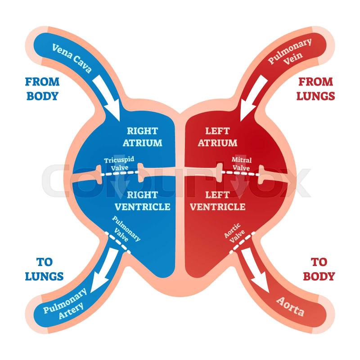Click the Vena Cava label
coord(72,58)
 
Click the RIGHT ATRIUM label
coord(142,137)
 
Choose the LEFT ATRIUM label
coord(217,137)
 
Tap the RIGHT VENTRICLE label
coord(142,201)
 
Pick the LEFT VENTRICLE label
coord(218,201)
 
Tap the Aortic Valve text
coord(234,232)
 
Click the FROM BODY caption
coord(42,89)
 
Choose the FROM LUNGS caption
coord(316,89)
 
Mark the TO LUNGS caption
coord(44,269)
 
